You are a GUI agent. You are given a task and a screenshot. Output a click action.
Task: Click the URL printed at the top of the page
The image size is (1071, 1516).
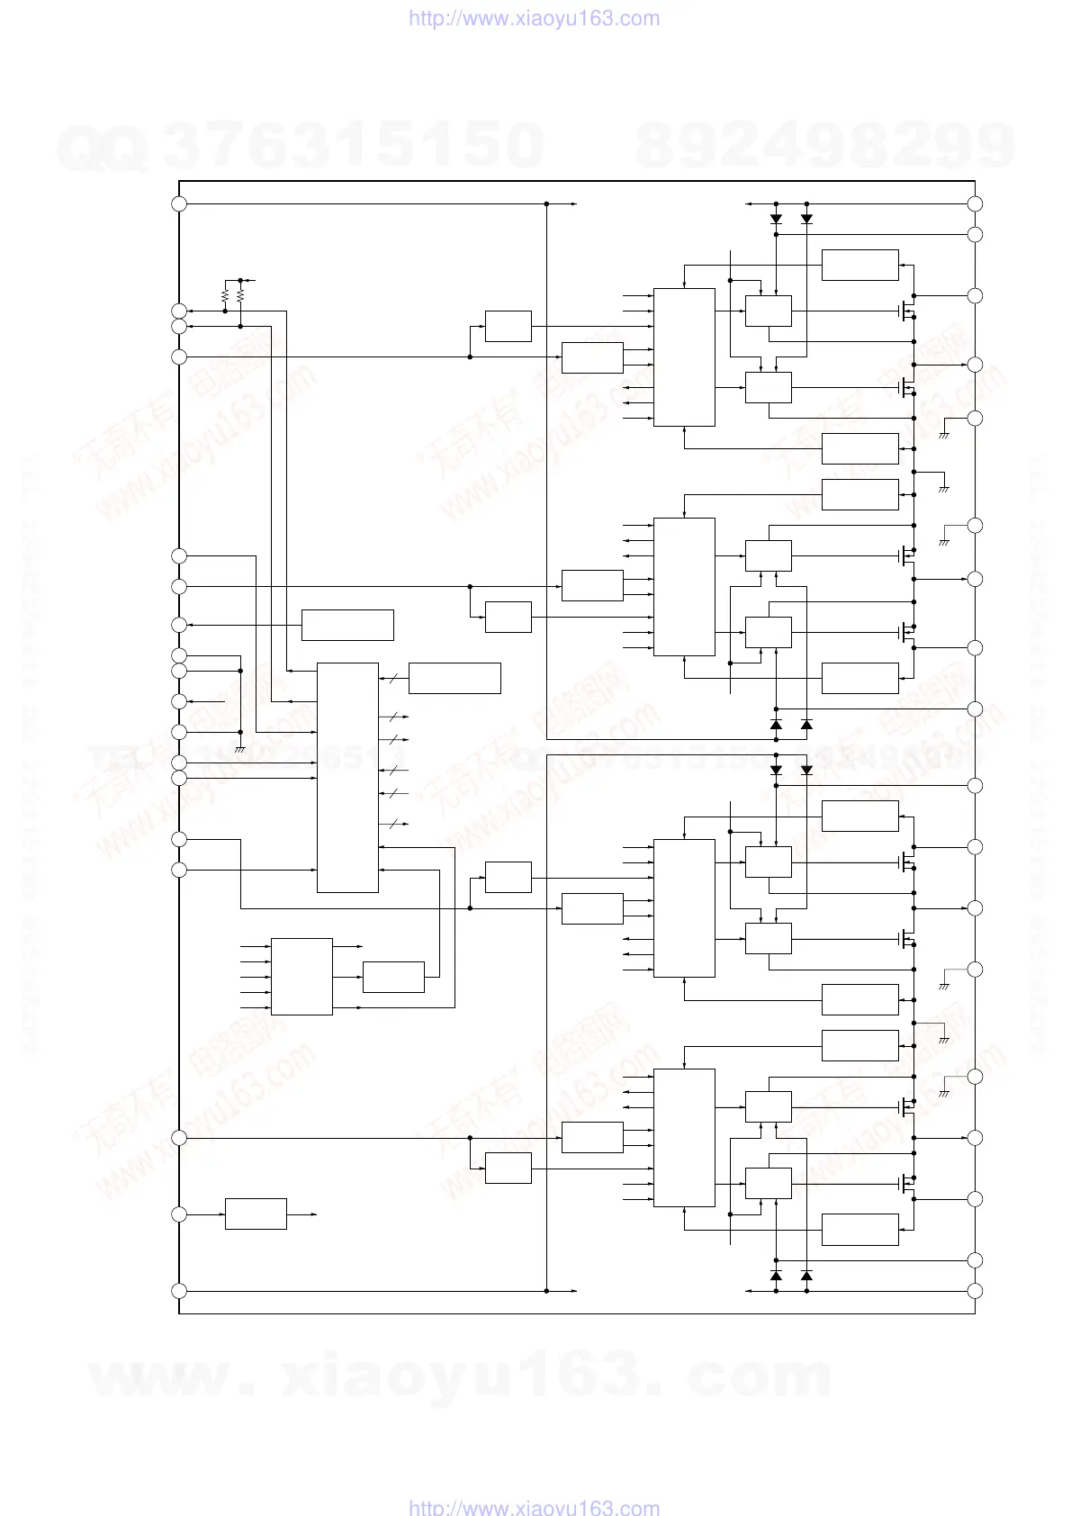pos(534,18)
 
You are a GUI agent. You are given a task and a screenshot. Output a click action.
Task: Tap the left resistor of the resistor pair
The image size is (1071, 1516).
pos(225,295)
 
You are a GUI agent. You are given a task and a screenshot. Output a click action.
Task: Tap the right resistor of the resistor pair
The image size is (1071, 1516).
pos(240,295)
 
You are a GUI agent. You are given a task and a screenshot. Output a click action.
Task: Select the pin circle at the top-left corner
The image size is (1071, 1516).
pos(179,203)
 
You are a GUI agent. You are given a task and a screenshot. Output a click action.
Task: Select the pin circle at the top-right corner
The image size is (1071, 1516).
pos(975,203)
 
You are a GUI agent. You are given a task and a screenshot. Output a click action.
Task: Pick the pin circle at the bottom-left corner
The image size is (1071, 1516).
pos(179,1291)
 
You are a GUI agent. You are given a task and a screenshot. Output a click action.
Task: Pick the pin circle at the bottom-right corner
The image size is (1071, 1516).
pos(975,1291)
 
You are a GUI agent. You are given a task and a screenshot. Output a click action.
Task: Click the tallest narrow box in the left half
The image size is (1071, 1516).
pos(347,778)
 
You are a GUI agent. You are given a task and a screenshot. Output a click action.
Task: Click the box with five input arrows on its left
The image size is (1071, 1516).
pos(301,977)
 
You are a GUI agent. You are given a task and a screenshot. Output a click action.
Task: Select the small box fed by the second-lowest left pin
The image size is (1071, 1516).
pos(256,1214)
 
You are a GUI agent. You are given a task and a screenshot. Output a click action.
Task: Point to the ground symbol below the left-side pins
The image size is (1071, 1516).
pos(240,749)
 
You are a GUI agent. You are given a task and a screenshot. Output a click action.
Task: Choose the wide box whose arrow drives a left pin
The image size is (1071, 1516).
pos(347,625)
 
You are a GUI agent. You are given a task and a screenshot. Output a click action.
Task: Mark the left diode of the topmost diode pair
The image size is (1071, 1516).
pos(776,219)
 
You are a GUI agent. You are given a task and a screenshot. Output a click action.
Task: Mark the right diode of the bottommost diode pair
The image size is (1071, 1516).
pos(806,1276)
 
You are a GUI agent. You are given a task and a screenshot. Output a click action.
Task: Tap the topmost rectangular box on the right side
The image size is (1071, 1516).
pos(859,265)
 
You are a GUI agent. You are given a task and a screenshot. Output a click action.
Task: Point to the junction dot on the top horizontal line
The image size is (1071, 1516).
pos(547,203)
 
